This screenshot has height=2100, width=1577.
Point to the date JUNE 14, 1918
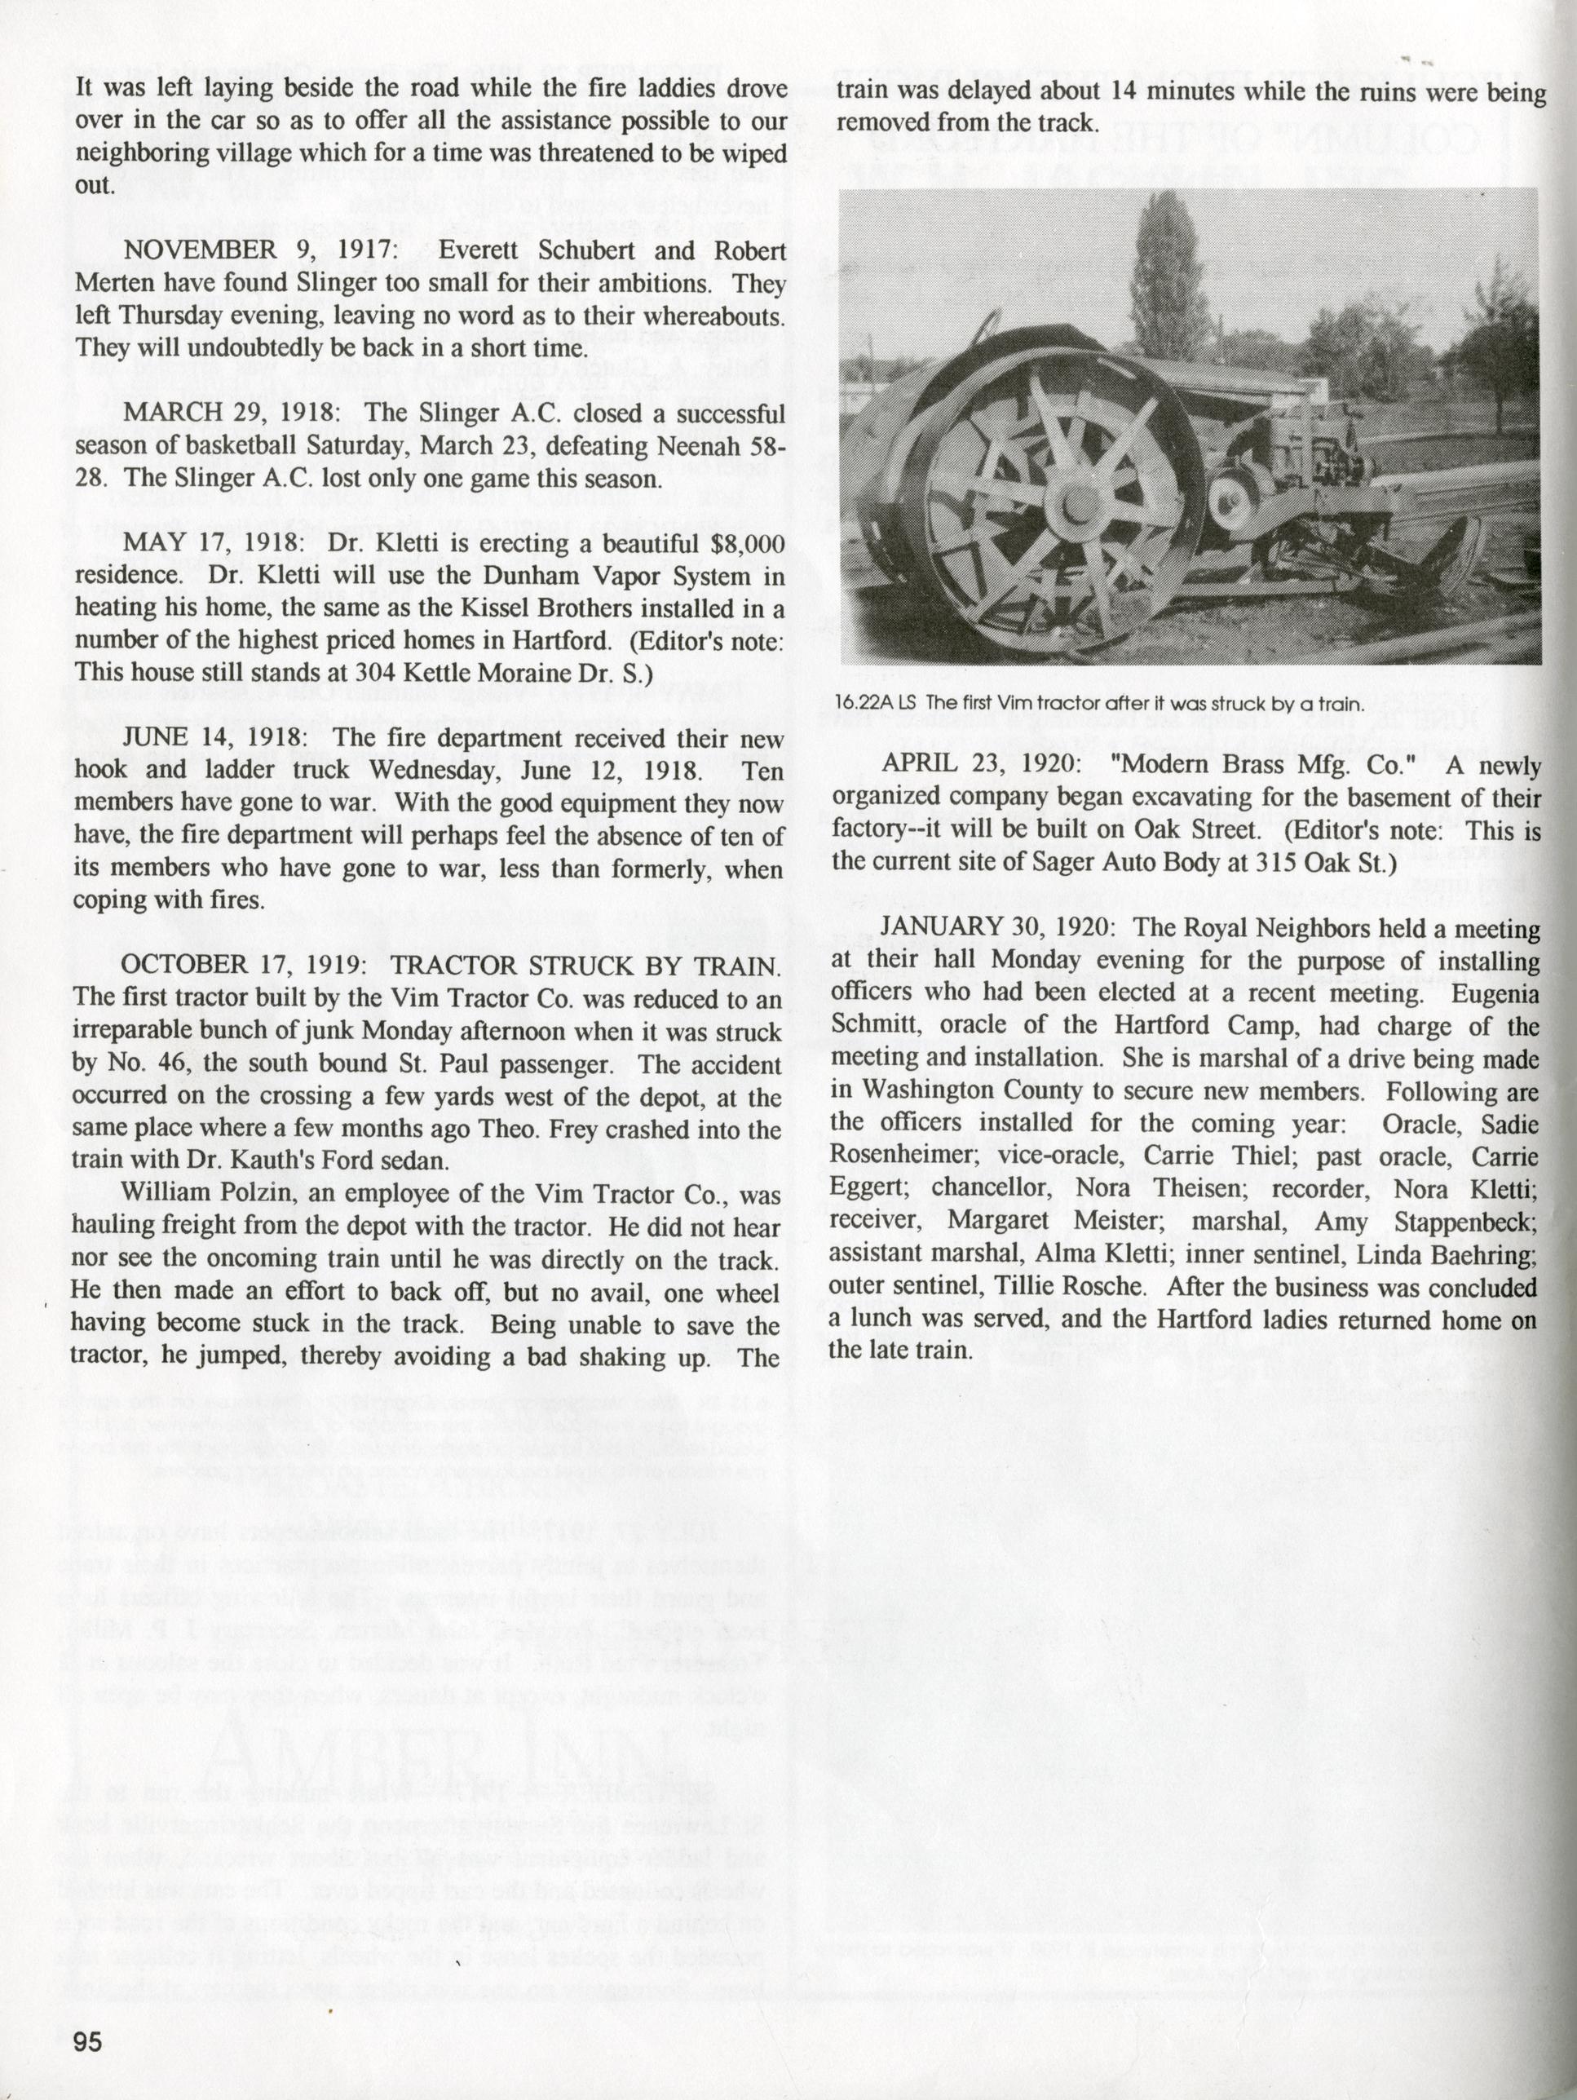(213, 738)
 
